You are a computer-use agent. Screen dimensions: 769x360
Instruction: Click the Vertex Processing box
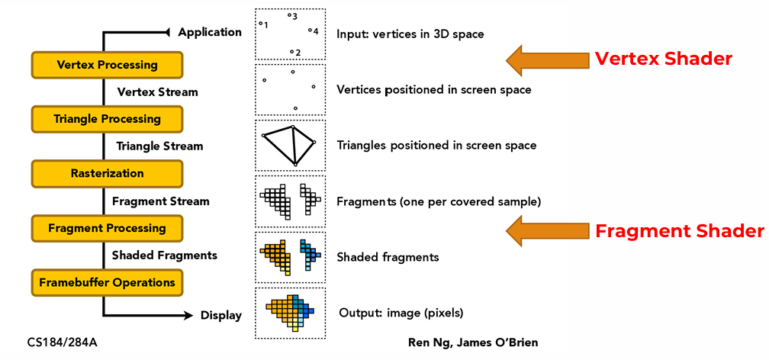[107, 65]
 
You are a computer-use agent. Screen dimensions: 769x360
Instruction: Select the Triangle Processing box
[107, 119]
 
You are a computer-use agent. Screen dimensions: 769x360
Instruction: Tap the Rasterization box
[107, 174]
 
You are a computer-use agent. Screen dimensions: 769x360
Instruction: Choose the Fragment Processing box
[107, 228]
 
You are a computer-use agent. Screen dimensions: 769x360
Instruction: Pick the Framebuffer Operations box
[107, 282]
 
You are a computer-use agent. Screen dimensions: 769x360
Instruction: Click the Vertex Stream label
[157, 92]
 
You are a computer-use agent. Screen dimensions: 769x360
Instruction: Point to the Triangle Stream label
[159, 146]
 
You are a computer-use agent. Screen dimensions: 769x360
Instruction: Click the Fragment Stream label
[160, 201]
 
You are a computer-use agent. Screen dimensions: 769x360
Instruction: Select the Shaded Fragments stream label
[164, 256]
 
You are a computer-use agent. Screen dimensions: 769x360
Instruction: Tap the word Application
[209, 32]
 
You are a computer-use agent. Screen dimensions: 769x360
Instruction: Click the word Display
[220, 315]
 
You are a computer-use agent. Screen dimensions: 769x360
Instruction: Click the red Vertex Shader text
[663, 59]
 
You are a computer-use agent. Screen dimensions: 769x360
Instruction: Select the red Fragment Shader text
[679, 231]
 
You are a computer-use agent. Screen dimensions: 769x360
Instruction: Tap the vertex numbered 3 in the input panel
[289, 14]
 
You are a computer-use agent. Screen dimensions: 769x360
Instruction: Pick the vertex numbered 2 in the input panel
[292, 52]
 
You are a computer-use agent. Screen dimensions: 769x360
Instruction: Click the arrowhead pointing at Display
[187, 314]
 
